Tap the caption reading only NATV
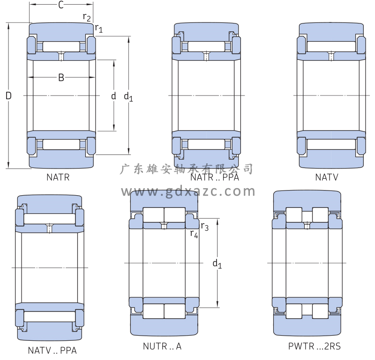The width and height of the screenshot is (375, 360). click(327, 177)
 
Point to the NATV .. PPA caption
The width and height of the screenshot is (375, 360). click(52, 350)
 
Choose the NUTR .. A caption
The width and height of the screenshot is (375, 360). click(162, 347)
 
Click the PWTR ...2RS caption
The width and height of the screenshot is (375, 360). click(315, 347)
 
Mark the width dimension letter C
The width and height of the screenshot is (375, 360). click(61, 6)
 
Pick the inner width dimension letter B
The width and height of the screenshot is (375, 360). click(61, 78)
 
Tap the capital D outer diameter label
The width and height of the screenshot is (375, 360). click(8, 96)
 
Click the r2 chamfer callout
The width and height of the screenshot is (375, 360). click(87, 17)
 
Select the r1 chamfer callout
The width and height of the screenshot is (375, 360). click(99, 29)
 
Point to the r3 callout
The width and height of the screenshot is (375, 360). click(204, 227)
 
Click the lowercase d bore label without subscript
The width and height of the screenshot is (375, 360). click(113, 96)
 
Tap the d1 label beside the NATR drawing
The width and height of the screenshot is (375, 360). click(128, 97)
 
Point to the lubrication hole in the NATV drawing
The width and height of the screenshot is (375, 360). click(331, 57)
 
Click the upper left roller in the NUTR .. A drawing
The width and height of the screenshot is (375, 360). click(153, 214)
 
